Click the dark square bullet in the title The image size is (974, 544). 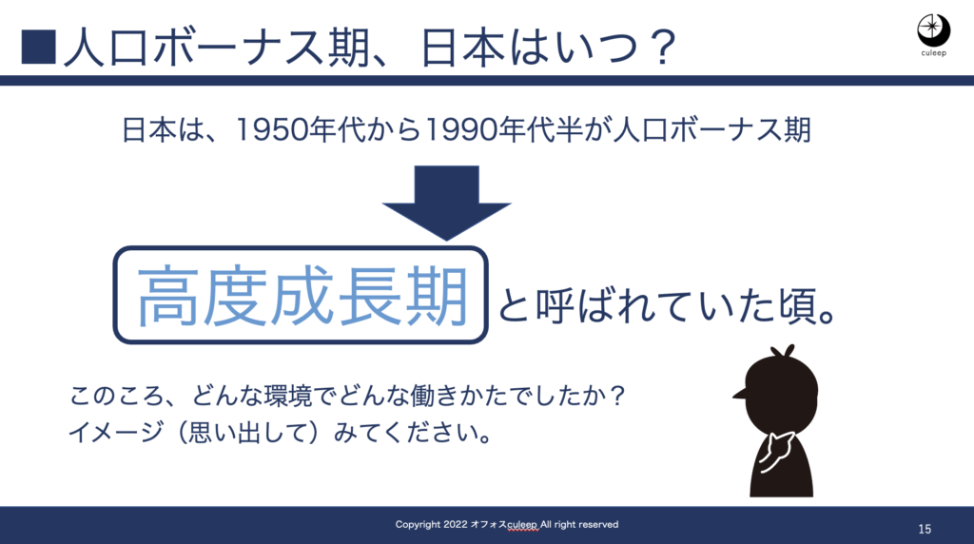point(38,48)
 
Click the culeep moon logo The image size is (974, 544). point(933,29)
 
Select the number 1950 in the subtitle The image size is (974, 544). point(271,129)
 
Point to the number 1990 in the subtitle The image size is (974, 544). point(461,129)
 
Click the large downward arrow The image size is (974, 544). point(447,204)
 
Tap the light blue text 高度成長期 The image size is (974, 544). point(302,296)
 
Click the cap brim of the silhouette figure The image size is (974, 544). point(740,393)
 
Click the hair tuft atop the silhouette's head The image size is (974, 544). point(783,352)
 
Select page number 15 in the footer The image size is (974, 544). point(925,529)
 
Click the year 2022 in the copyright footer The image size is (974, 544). point(456,525)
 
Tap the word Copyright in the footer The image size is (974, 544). point(418,525)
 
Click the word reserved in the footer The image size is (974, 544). point(598,525)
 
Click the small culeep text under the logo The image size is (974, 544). point(933,53)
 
